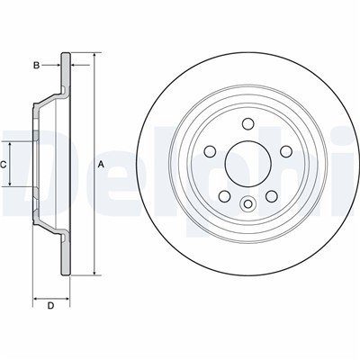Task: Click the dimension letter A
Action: point(101,165)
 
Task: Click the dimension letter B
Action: point(36,66)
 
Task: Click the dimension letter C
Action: point(3,165)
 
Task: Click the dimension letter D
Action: point(50,306)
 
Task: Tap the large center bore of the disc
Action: point(248,164)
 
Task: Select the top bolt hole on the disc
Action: point(248,123)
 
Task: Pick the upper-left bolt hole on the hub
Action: point(210,151)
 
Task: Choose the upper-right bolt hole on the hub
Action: point(286,151)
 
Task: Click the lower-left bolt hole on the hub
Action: point(224,196)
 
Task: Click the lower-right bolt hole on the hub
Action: point(272,196)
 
